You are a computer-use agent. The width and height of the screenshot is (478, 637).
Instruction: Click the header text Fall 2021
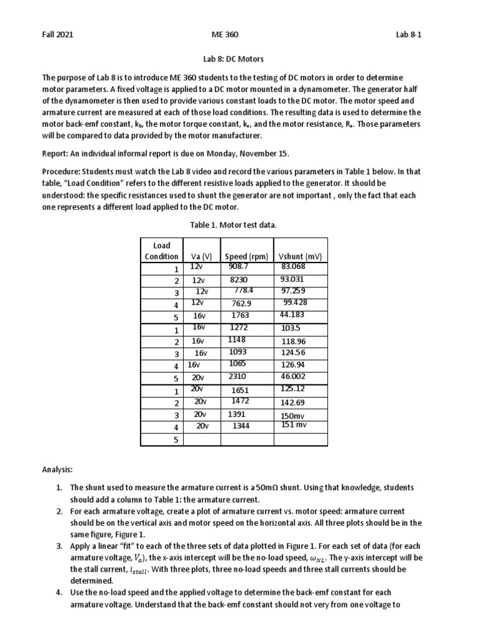coord(57,35)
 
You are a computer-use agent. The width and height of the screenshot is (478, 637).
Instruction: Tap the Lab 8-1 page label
coord(408,35)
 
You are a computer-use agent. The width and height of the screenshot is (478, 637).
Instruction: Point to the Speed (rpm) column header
coord(246,256)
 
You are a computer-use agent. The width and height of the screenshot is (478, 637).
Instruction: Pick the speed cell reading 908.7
coord(240,266)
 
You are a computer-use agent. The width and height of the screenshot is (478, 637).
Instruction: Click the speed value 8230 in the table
coord(239,281)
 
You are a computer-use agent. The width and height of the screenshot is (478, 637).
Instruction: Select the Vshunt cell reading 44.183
coord(293,315)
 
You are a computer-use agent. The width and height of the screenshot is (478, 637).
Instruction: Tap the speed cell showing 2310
coord(238,376)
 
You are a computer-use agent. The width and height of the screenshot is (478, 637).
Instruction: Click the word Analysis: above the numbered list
coord(57,471)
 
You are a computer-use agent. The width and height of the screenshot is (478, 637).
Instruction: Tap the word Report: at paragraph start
coord(56,153)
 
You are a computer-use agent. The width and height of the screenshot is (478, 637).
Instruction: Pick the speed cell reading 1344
coord(241,426)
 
